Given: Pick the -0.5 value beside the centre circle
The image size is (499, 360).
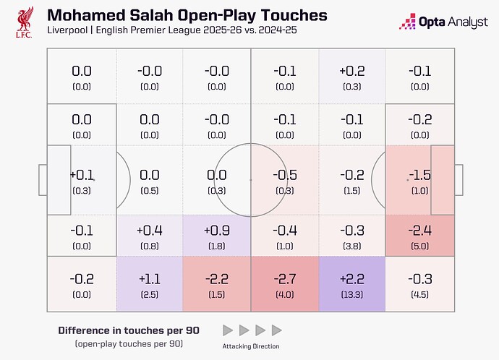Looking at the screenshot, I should click(x=283, y=175).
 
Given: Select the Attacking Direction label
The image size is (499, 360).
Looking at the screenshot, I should click(x=251, y=346).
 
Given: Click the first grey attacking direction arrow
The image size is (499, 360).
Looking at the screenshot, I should click(x=227, y=330).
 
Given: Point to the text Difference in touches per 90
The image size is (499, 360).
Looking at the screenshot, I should click(x=128, y=330).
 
